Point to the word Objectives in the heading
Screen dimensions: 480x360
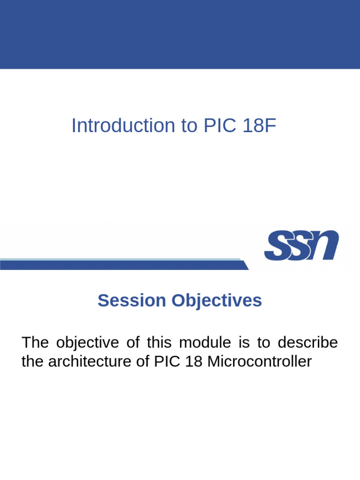pyautogui.click(x=217, y=300)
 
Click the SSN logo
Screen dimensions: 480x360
pyautogui.click(x=301, y=245)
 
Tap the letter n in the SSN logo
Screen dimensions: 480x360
pyautogui.click(x=322, y=245)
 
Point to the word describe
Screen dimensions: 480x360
pyautogui.click(x=307, y=343)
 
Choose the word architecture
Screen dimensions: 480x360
pyautogui.click(x=91, y=361)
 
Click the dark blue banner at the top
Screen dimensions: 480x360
pyautogui.click(x=180, y=34)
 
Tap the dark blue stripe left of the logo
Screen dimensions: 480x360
pyautogui.click(x=122, y=265)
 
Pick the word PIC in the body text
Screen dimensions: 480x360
pyautogui.click(x=166, y=361)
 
